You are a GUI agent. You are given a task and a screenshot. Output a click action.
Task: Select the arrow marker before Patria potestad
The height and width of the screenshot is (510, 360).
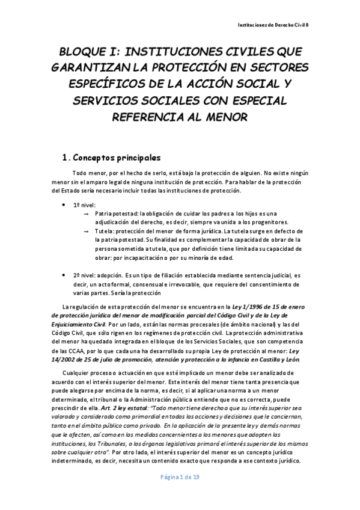[x=87, y=214]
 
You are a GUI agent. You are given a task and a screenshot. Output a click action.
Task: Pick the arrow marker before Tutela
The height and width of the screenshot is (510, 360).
[x=87, y=231]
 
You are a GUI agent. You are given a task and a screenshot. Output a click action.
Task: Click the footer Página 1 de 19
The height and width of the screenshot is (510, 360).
[x=181, y=493]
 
